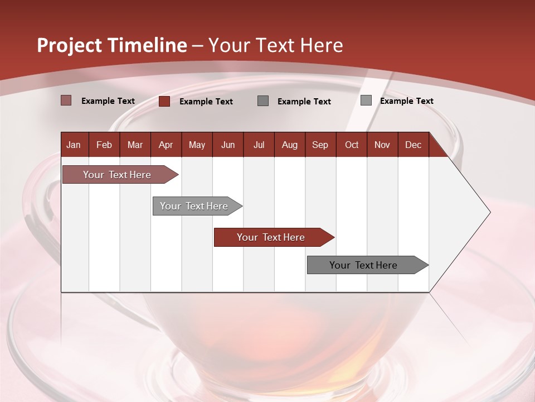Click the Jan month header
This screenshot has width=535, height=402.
click(x=74, y=145)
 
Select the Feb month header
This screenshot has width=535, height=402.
click(x=104, y=145)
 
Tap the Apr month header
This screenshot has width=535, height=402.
click(x=166, y=145)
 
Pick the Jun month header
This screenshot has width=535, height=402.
click(x=228, y=145)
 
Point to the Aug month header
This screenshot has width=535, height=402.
click(x=290, y=145)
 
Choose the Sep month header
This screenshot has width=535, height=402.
click(x=320, y=145)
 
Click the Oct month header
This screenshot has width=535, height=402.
click(x=352, y=145)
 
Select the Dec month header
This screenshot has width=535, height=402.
click(x=414, y=145)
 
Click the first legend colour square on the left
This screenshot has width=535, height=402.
click(x=66, y=100)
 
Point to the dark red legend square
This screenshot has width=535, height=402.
click(x=164, y=101)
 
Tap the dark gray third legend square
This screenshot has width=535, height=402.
click(x=263, y=100)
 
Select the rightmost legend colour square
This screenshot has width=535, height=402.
click(x=366, y=100)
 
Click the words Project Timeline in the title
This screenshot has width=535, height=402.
click(x=111, y=45)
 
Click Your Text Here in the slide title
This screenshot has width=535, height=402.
click(x=276, y=45)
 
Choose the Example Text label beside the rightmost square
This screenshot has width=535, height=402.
click(x=407, y=101)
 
